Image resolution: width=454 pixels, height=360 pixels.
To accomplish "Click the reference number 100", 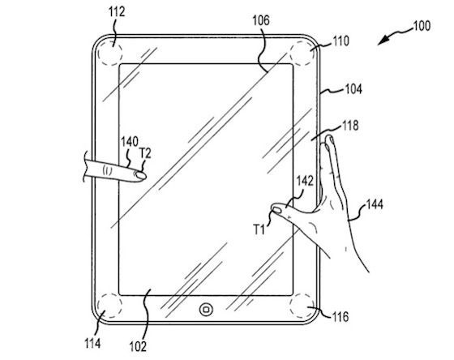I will (422, 25).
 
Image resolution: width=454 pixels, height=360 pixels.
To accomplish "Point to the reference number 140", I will (129, 140).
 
